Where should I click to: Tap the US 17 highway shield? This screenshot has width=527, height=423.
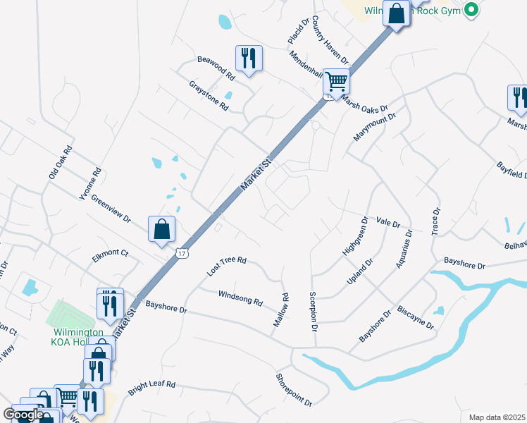tap(182, 253)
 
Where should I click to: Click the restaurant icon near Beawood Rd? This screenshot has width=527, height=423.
tap(249, 58)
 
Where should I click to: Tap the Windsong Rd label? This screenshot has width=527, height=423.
tap(240, 298)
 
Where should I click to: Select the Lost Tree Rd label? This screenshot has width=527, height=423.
tap(226, 266)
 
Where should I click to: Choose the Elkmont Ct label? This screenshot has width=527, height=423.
tap(110, 257)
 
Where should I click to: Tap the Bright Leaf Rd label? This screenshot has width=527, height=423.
tap(151, 388)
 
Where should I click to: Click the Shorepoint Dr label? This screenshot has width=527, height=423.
tap(294, 390)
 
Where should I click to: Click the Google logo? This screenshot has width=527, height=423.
tap(23, 414)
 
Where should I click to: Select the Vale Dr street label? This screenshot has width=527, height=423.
tap(388, 223)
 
